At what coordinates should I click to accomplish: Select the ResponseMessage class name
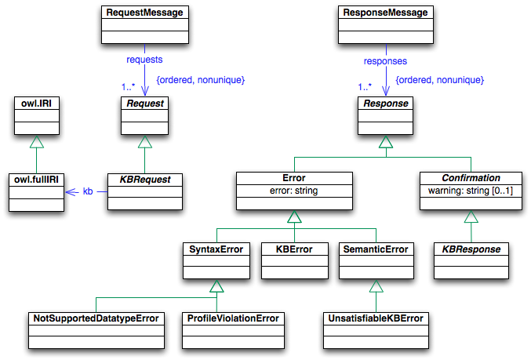(385, 13)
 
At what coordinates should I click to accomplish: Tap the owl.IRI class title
(37, 102)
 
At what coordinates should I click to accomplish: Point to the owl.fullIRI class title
(37, 179)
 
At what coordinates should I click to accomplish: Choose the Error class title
(293, 178)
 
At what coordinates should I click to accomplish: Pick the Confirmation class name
(471, 178)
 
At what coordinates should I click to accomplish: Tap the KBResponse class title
(471, 249)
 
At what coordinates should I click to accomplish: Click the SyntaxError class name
(216, 249)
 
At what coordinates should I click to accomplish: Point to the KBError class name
(293, 249)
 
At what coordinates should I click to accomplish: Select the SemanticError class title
(376, 249)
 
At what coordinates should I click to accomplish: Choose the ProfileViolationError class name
(232, 318)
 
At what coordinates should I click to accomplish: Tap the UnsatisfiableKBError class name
(375, 318)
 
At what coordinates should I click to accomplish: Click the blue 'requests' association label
(145, 60)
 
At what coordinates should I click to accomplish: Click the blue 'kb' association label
(88, 191)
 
